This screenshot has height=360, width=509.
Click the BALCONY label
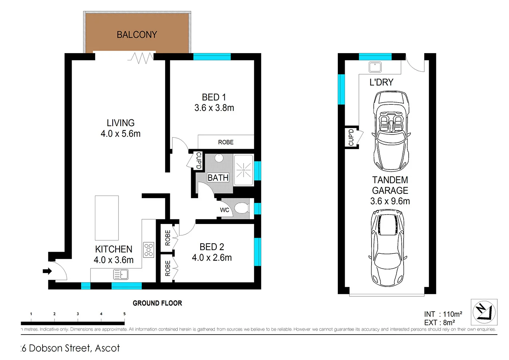tap(137, 35)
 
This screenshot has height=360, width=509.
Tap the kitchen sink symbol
tap(121, 274)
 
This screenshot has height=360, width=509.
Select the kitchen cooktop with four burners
tap(148, 250)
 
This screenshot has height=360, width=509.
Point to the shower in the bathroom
tap(243, 170)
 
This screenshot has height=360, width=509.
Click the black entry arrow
tap(47, 271)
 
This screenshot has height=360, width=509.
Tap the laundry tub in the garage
tap(375, 67)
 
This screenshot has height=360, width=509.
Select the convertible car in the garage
tap(391, 131)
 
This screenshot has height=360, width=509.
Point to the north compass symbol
tap(484, 312)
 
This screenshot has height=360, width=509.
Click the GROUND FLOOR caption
tap(157, 303)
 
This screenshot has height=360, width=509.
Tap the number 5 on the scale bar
tap(124, 314)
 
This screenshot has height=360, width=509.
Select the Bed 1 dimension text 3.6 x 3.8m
tap(214, 108)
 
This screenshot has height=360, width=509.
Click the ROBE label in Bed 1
tap(226, 142)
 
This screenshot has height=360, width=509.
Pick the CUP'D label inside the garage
tap(351, 137)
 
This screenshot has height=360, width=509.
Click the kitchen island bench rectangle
tap(107, 218)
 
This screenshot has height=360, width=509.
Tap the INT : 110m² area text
tap(443, 314)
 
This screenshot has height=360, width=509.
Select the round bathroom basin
tap(219, 158)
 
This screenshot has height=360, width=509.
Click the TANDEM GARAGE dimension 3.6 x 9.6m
tap(390, 201)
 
